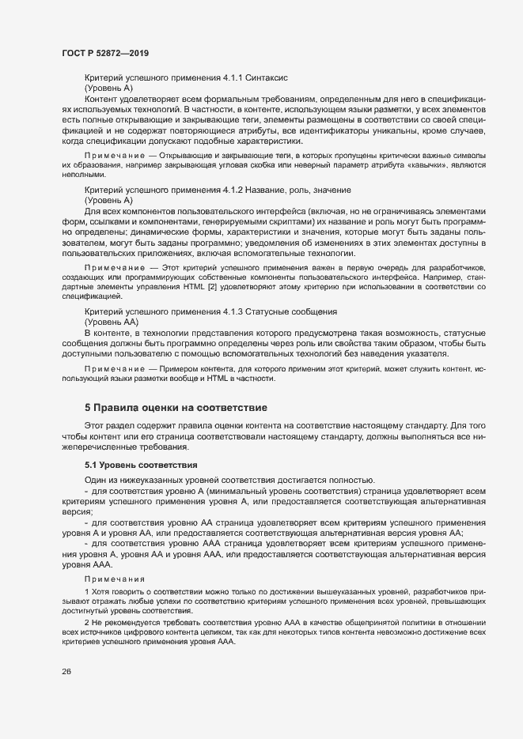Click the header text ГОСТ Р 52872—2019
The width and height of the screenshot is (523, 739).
104,52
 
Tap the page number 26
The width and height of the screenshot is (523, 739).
66,672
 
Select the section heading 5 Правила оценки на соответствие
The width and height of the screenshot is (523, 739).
176,408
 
